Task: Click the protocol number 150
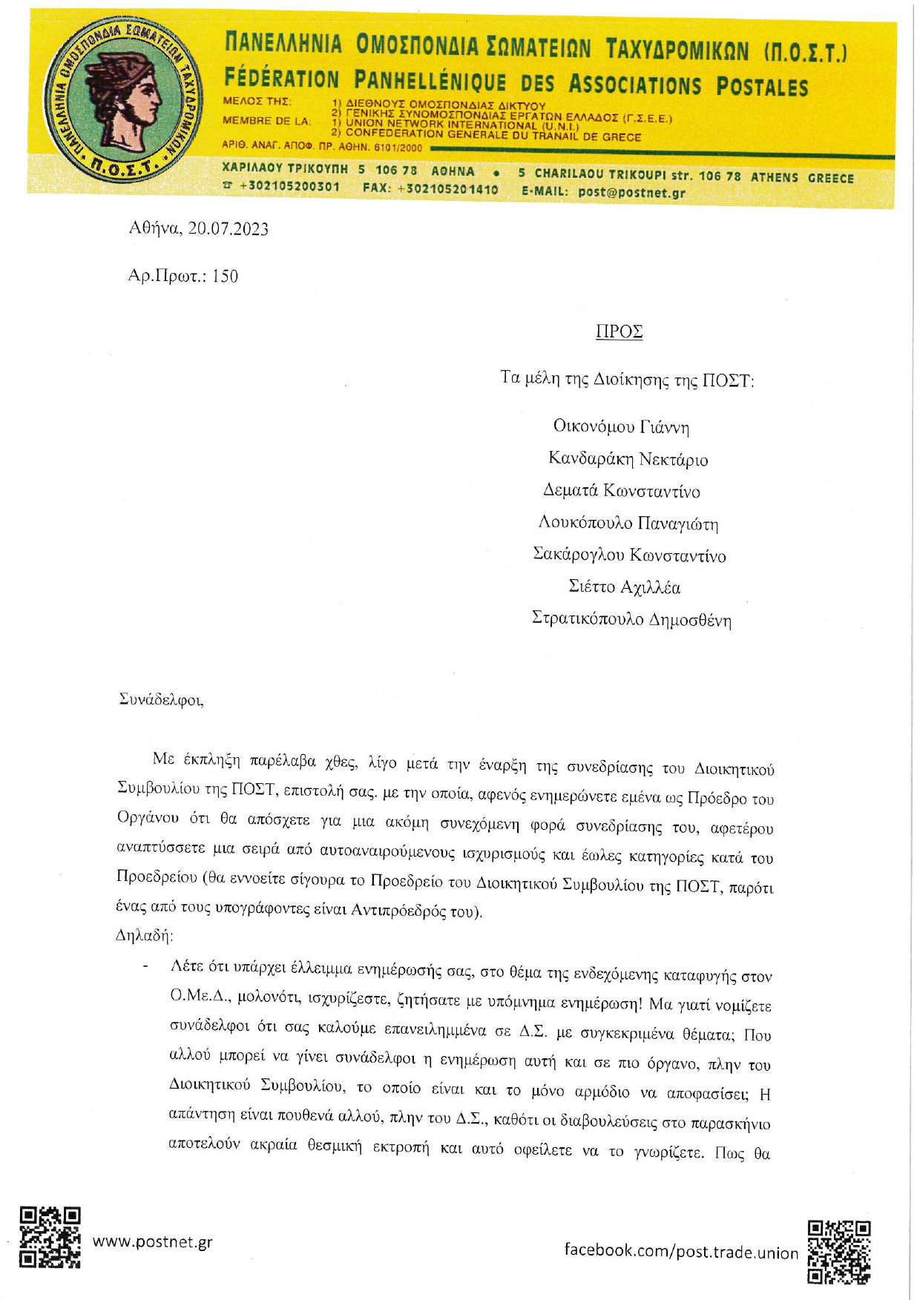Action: click(x=225, y=277)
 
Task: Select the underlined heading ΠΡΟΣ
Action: click(x=619, y=331)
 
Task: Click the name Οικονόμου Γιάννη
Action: click(x=621, y=427)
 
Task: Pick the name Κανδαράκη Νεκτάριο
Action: click(x=628, y=459)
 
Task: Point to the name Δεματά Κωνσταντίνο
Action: click(x=621, y=491)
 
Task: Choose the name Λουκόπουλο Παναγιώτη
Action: click(x=628, y=524)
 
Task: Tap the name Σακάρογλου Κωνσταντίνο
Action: click(x=629, y=555)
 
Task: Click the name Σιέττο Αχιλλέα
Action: click(x=624, y=587)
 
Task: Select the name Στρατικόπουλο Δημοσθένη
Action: click(x=631, y=619)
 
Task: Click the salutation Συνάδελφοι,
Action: click(x=161, y=699)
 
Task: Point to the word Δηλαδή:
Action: click(x=144, y=935)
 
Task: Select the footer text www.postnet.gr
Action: click(x=152, y=1241)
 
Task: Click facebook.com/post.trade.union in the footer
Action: click(x=681, y=1250)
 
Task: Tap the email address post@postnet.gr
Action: click(x=631, y=192)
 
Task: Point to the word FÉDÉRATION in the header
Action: click(x=281, y=79)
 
